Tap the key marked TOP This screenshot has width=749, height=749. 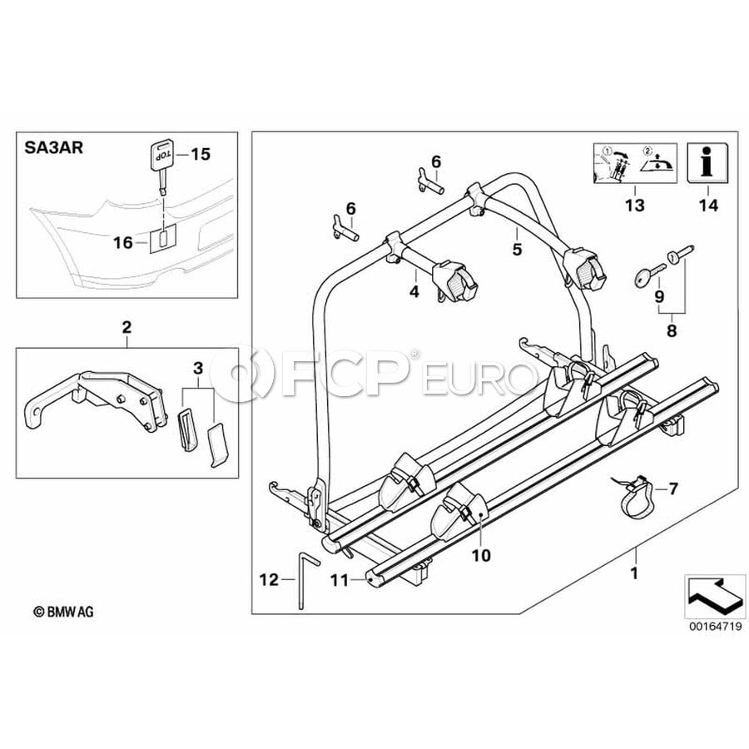click(x=161, y=166)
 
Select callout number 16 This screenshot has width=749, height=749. click(x=122, y=243)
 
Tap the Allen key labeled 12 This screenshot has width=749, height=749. click(x=304, y=579)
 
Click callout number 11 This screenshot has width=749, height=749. click(x=340, y=580)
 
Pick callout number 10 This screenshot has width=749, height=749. click(x=482, y=556)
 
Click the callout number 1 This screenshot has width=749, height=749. click(x=634, y=573)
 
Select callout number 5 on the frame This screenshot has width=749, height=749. click(x=518, y=249)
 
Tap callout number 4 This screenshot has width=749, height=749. click(x=414, y=291)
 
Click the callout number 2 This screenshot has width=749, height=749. click(x=126, y=327)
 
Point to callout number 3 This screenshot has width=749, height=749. click(x=198, y=368)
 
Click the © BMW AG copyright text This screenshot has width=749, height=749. click(x=63, y=612)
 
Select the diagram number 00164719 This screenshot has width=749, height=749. click(x=715, y=626)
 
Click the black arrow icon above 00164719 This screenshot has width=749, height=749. click(x=715, y=595)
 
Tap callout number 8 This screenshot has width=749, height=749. click(x=672, y=330)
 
